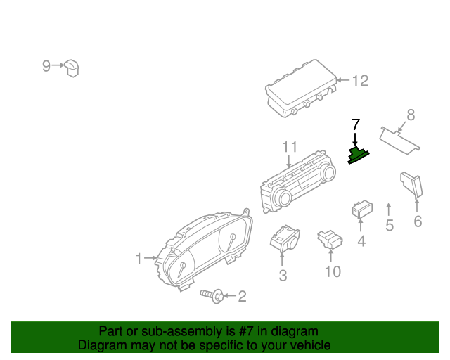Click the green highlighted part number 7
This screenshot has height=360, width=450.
pyautogui.click(x=360, y=155)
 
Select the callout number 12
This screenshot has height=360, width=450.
pyautogui.click(x=360, y=82)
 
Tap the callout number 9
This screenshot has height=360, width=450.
pyautogui.click(x=46, y=65)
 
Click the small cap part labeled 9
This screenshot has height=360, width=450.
pyautogui.click(x=72, y=67)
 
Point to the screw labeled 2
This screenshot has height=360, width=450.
pyautogui.click(x=212, y=296)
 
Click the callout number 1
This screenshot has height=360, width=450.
pyautogui.click(x=139, y=259)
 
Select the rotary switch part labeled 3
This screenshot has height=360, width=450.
pyautogui.click(x=285, y=240)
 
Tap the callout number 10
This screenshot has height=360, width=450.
pyautogui.click(x=332, y=271)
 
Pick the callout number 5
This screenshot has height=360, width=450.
pyautogui.click(x=389, y=226)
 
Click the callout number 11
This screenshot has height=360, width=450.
pyautogui.click(x=290, y=147)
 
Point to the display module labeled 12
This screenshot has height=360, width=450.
pyautogui.click(x=300, y=94)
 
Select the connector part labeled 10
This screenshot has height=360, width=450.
pyautogui.click(x=328, y=239)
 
